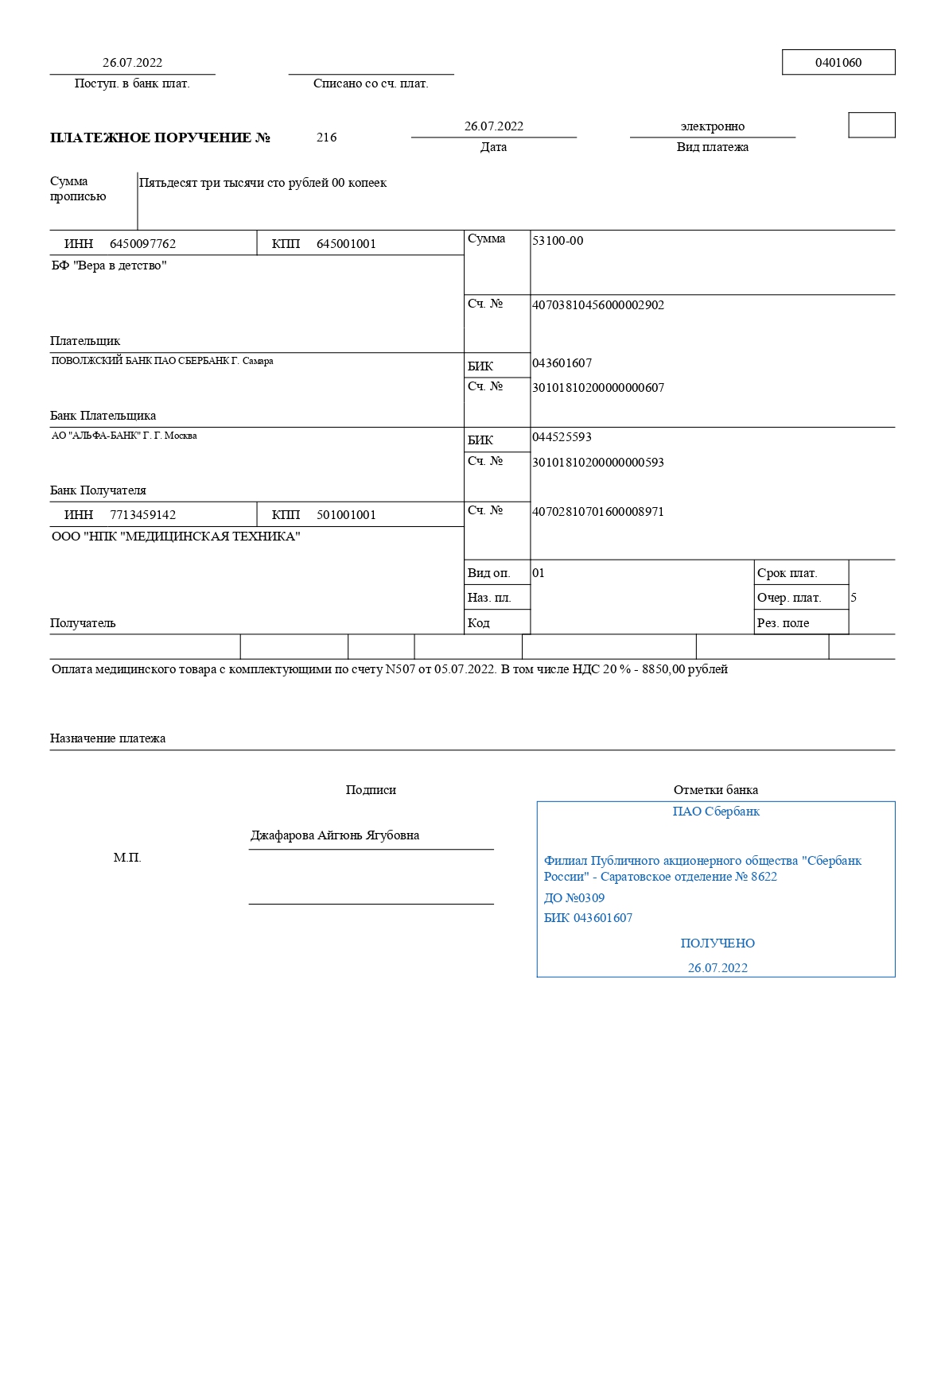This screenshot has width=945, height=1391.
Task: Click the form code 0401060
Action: click(838, 63)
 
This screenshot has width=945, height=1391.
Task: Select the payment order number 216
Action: click(326, 138)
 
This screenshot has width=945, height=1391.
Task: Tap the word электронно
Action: click(712, 126)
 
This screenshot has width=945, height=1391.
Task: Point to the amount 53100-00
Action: click(558, 241)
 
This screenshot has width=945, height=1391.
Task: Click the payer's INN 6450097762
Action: click(142, 244)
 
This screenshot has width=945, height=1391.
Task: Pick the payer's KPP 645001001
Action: click(346, 244)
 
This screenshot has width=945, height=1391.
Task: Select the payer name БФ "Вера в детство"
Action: click(109, 265)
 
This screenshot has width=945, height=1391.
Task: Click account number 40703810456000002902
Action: click(598, 305)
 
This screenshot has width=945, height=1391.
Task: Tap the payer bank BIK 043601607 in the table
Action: click(562, 363)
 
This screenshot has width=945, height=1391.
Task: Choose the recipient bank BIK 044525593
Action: click(562, 437)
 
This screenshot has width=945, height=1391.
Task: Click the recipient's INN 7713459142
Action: click(142, 515)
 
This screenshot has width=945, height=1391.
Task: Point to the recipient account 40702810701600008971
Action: click(598, 512)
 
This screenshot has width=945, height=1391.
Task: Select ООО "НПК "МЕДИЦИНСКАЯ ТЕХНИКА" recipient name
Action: click(176, 537)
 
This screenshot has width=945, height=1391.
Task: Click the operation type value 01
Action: click(539, 573)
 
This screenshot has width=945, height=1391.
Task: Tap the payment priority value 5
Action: click(854, 598)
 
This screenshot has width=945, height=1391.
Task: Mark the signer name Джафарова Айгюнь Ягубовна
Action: click(335, 835)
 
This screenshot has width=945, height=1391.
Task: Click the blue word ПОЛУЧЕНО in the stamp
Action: click(717, 943)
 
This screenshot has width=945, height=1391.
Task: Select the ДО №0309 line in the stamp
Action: click(574, 898)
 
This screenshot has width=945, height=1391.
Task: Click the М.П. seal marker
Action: click(127, 858)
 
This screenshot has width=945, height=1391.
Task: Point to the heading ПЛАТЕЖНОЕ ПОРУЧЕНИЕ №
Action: click(160, 138)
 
